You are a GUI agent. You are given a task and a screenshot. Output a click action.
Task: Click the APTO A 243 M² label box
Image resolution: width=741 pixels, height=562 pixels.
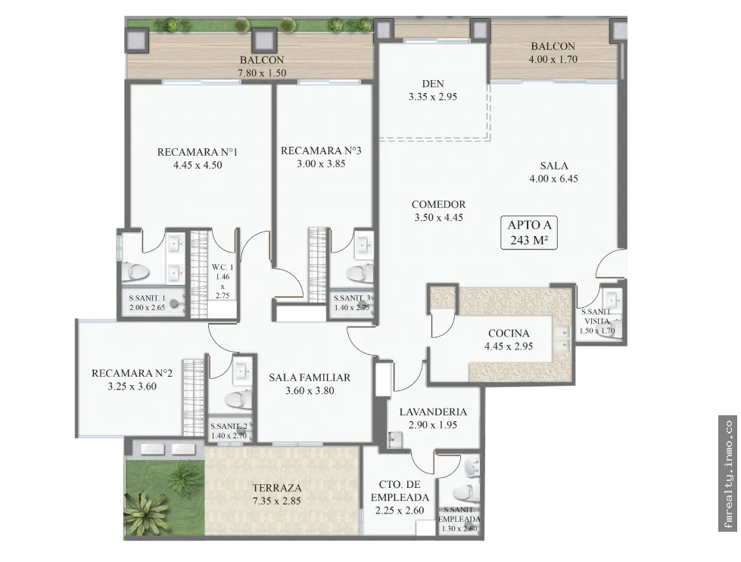click(x=529, y=232)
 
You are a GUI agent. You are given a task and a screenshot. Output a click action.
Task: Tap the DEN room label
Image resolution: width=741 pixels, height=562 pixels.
click(x=433, y=84)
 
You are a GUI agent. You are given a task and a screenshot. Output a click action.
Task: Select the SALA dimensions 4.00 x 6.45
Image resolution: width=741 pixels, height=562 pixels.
click(x=553, y=179)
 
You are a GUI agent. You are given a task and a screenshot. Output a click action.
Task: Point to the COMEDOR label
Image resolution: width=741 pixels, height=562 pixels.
click(x=438, y=204)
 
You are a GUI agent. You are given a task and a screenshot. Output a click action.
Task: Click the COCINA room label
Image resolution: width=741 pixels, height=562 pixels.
click(x=509, y=333)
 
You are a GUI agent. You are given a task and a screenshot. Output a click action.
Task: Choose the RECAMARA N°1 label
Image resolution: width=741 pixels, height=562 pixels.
click(x=198, y=151)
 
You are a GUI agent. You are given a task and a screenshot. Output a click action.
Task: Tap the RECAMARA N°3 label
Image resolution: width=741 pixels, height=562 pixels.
click(x=321, y=151)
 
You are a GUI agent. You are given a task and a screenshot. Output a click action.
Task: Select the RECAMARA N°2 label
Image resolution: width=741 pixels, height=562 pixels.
click(x=132, y=373)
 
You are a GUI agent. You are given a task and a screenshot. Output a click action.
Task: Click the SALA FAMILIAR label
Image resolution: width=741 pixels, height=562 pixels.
click(x=310, y=377)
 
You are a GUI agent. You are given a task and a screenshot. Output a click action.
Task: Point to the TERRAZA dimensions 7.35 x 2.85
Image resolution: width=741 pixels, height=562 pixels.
click(x=276, y=501)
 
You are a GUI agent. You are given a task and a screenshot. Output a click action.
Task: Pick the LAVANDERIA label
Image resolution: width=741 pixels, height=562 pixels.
click(x=433, y=411)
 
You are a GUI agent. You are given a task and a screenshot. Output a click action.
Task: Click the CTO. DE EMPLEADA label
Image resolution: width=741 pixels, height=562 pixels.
click(x=400, y=491)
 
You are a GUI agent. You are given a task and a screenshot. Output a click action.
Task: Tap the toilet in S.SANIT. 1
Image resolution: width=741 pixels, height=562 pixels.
click(x=135, y=272)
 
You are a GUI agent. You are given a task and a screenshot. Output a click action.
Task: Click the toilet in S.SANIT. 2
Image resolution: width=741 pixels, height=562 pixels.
click(x=238, y=399)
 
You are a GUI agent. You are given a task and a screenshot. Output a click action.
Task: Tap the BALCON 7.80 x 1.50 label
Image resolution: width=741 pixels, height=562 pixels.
click(x=262, y=67)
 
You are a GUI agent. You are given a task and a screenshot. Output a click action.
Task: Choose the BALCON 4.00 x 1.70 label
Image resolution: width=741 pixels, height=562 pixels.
click(x=553, y=52)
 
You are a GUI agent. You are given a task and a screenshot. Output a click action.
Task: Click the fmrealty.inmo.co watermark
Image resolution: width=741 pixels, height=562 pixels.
click(x=728, y=474)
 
